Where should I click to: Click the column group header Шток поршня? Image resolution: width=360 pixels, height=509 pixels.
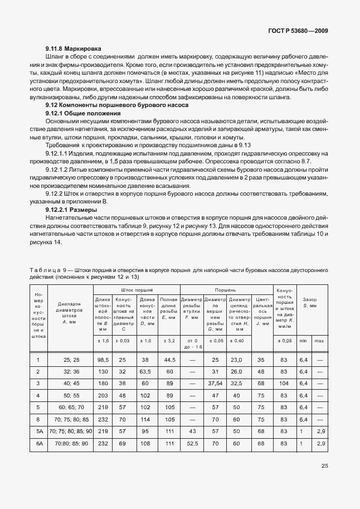[136, 290]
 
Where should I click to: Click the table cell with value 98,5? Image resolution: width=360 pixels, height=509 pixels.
[103, 360]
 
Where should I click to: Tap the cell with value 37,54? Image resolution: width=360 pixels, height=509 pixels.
[215, 383]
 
